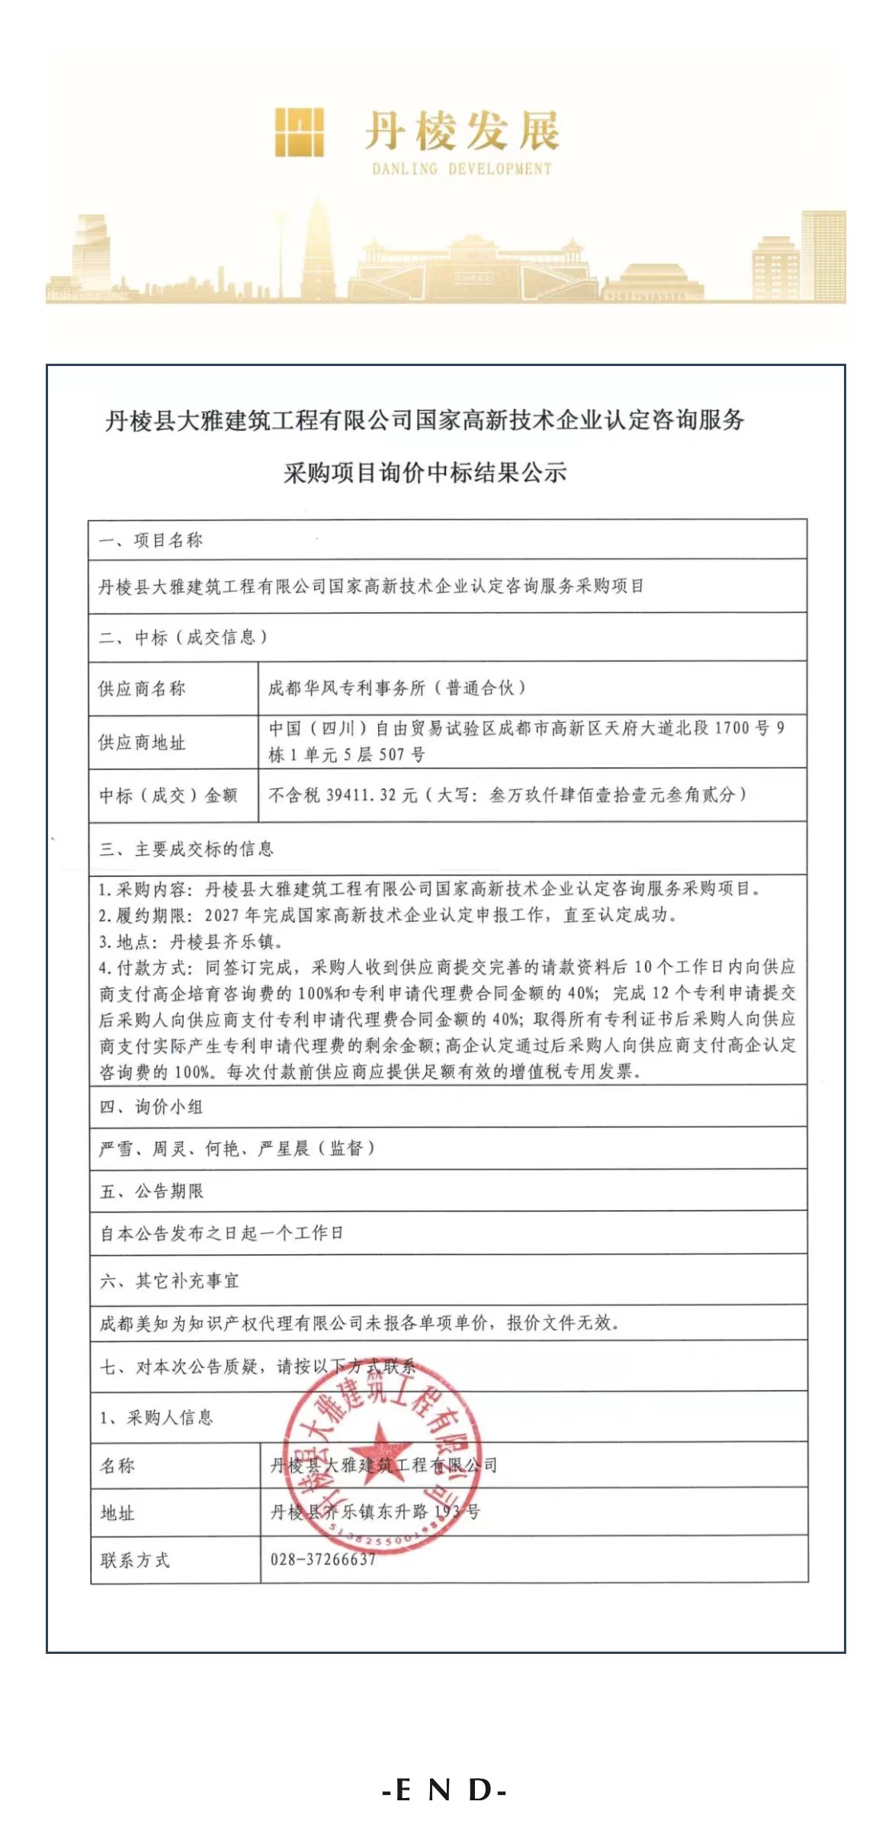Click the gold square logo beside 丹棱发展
(x=300, y=132)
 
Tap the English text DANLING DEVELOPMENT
(x=461, y=169)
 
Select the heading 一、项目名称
(x=151, y=541)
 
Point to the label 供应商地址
(x=142, y=742)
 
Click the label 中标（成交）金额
(x=168, y=796)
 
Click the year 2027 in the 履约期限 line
(x=221, y=915)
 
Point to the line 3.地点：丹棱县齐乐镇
(x=191, y=942)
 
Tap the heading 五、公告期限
(x=152, y=1191)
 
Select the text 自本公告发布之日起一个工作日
(x=222, y=1233)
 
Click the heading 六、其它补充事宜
(x=169, y=1281)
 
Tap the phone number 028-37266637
(x=323, y=1559)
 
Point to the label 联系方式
(x=135, y=1560)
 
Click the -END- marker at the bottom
(x=445, y=1790)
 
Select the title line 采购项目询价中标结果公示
(x=425, y=474)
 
